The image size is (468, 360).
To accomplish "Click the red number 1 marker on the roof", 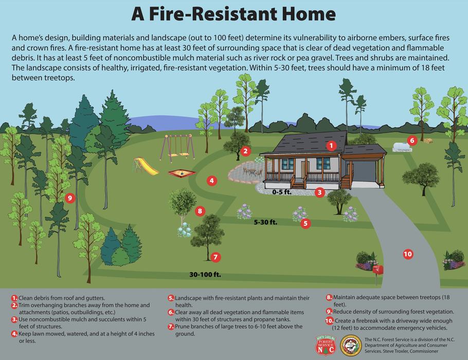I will pyautogui.click(x=332, y=146).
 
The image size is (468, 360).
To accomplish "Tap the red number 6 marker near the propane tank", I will pyautogui.click(x=411, y=140).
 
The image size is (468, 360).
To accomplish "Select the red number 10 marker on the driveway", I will pyautogui.click(x=407, y=254).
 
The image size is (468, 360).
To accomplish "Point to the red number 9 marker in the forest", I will pyautogui.click(x=70, y=197).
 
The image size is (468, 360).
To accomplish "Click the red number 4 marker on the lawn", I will pyautogui.click(x=211, y=181).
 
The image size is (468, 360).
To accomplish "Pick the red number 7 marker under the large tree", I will pyautogui.click(x=215, y=257).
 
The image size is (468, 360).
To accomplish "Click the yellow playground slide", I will pyautogui.click(x=146, y=166).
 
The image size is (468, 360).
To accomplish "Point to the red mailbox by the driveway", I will pyautogui.click(x=378, y=269).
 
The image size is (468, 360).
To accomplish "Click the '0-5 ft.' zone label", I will pyautogui.click(x=282, y=192).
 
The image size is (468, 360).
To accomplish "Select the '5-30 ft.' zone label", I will pyautogui.click(x=265, y=223).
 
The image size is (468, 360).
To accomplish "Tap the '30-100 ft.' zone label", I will pyautogui.click(x=205, y=275).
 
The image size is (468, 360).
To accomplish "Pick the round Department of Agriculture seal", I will pyautogui.click(x=352, y=345).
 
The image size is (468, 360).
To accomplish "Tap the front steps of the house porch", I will pyautogui.click(x=298, y=184).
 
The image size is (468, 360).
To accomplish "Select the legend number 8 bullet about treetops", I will pyautogui.click(x=329, y=297).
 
